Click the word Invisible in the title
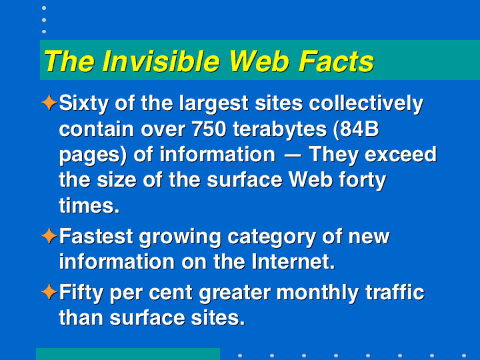161,61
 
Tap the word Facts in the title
336,61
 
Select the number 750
209,129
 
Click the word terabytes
279,130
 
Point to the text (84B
356,129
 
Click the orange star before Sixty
49,103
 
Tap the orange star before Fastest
49,236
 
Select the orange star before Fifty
49,292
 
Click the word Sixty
83,104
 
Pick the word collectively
366,104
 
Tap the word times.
89,205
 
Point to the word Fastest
96,236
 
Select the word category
271,237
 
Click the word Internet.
293,262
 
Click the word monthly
317,293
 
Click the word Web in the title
259,61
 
